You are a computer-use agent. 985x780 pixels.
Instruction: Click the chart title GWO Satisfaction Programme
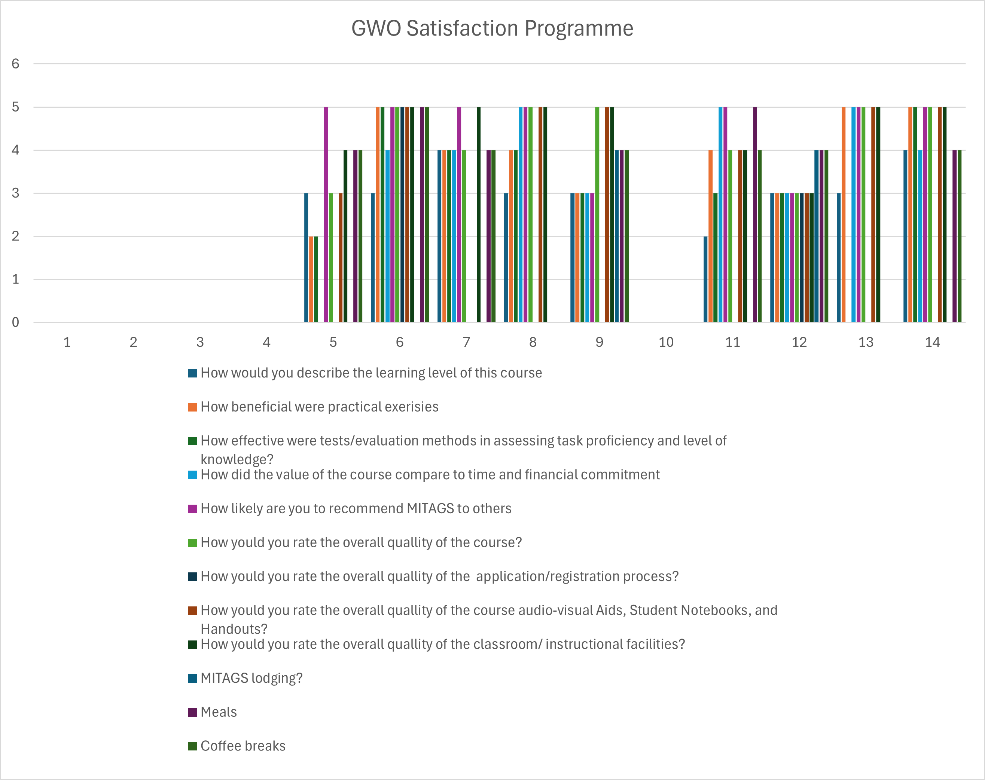coord(492,28)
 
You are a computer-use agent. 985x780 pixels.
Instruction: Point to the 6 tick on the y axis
coord(16,64)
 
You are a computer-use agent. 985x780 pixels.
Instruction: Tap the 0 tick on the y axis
coord(16,322)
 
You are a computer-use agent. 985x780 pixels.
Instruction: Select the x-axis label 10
coord(666,342)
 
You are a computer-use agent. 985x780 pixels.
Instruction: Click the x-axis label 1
coord(67,342)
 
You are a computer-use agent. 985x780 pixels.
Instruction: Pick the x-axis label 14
coord(932,342)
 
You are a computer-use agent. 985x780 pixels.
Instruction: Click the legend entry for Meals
coord(219,712)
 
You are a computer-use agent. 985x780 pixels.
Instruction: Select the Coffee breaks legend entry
coord(243,746)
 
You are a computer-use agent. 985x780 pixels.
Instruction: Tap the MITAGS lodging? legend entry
coord(251,678)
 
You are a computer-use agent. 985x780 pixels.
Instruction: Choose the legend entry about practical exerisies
coord(319,407)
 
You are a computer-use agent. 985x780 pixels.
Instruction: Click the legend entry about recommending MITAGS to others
coord(356,508)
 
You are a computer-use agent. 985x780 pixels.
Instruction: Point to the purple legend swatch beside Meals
coord(192,712)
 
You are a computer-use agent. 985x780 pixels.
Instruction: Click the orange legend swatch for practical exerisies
coord(192,407)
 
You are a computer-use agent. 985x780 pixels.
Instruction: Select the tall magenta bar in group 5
coord(326,215)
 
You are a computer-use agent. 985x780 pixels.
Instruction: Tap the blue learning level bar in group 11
coord(705,279)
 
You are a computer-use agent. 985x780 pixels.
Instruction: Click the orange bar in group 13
coord(844,215)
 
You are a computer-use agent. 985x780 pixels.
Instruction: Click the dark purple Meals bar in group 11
coord(755,215)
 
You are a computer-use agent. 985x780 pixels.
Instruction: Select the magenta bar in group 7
coord(459,215)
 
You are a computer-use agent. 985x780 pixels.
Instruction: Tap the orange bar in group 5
coord(311,279)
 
